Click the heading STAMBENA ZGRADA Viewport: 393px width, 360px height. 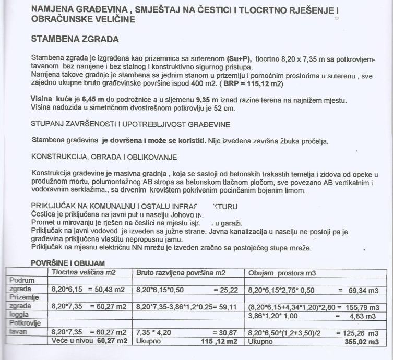point(75,39)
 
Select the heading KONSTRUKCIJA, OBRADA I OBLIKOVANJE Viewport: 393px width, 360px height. point(104,157)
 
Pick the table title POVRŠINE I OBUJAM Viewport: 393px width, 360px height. point(68,263)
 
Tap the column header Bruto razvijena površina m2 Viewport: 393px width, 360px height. point(181,272)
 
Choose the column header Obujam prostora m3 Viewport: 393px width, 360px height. point(282,272)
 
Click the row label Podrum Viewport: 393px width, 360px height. point(22,280)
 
